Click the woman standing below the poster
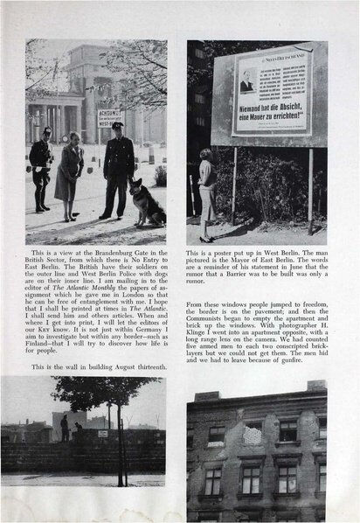pos(208,192)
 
